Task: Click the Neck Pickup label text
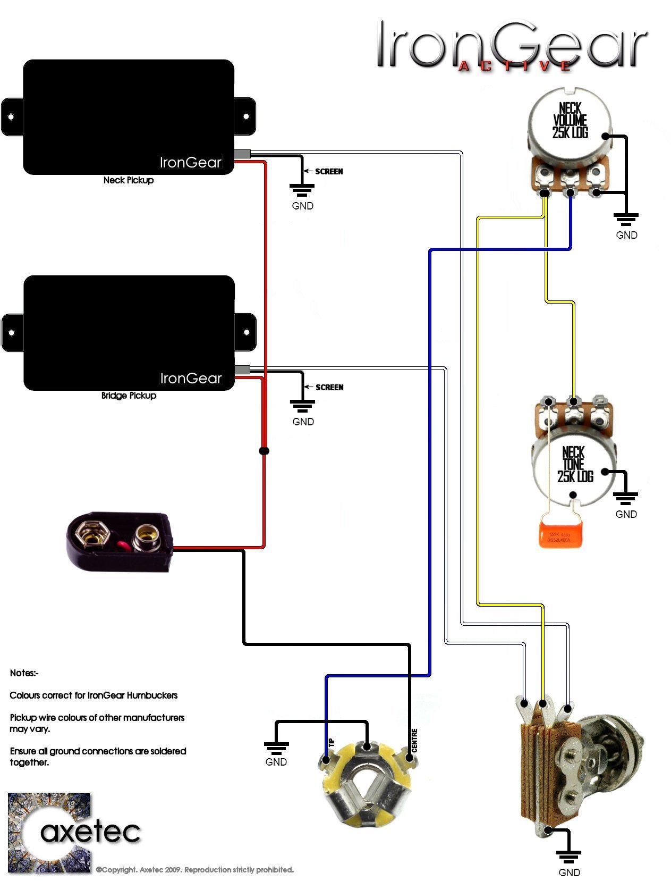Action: click(x=129, y=180)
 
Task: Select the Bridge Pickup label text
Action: click(x=129, y=396)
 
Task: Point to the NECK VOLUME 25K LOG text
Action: click(x=570, y=121)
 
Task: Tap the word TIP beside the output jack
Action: click(x=332, y=742)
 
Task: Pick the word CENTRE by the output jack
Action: click(x=414, y=740)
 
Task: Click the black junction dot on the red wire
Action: click(x=264, y=451)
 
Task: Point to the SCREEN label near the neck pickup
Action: click(x=329, y=172)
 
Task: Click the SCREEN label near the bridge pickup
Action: click(x=329, y=388)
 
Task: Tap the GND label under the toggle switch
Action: click(x=569, y=872)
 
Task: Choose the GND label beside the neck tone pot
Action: click(x=626, y=514)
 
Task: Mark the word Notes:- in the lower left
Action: click(x=24, y=673)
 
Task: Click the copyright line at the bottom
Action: click(x=194, y=870)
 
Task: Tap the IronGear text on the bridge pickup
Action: click(x=191, y=379)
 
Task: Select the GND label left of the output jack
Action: click(x=276, y=762)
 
